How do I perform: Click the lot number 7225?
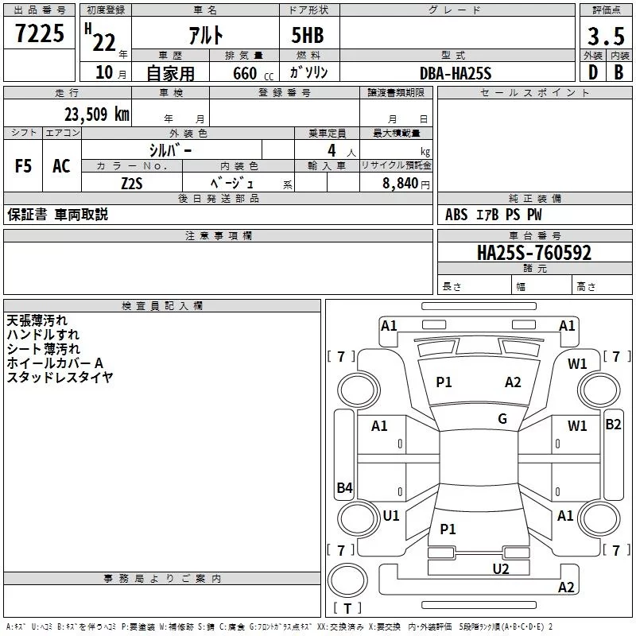40,33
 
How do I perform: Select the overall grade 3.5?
606,37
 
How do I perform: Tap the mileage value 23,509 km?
96,114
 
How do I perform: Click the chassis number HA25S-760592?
534,253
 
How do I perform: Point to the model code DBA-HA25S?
456,73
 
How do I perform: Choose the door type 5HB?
308,35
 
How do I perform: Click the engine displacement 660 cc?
253,74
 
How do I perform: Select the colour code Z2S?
132,184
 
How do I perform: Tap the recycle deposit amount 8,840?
401,184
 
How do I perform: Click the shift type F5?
23,166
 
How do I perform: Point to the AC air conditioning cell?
62,166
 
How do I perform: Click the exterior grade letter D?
593,72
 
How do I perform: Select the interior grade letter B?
619,72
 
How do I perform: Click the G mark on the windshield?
502,419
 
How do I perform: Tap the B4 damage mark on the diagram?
344,487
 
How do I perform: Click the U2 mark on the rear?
501,569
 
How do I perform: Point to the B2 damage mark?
613,425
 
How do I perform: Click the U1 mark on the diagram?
391,515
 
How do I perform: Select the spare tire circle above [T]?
347,580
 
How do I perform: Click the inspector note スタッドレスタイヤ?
60,377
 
